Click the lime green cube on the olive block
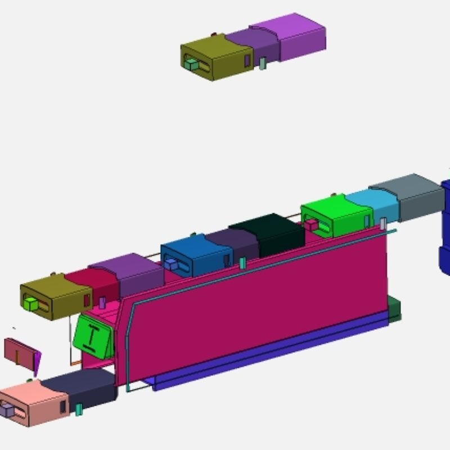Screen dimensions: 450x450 (31, 304)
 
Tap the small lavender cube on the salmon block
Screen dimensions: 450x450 (7, 411)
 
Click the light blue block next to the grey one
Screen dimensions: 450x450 (373, 204)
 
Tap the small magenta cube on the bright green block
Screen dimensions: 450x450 (311, 226)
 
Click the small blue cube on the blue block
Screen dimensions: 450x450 (170, 263)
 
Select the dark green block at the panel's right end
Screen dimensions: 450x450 (395, 310)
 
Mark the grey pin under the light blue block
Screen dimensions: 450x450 (383, 224)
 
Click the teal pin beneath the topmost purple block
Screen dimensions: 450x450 (262, 63)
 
